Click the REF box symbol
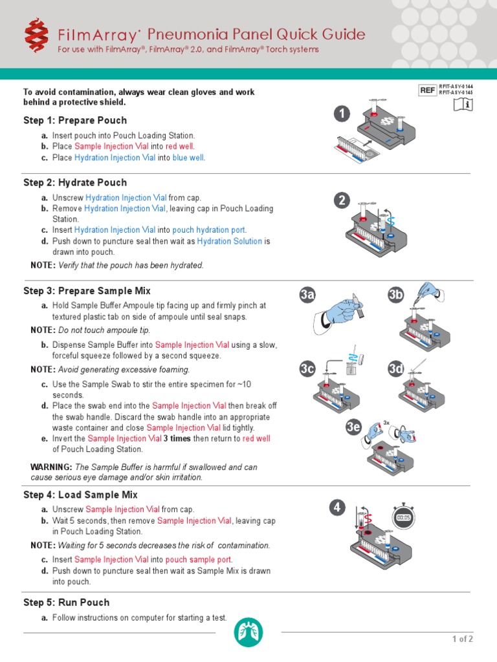click(428, 91)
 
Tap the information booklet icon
click(464, 104)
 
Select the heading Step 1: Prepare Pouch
click(75, 120)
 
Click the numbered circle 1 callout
click(342, 114)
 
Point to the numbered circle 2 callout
click(342, 201)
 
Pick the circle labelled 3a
click(307, 296)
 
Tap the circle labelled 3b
click(395, 296)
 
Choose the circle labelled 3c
click(307, 369)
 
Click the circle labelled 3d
click(395, 369)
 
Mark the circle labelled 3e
click(353, 427)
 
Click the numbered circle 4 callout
click(337, 507)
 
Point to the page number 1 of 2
click(462, 639)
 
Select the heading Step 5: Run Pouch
click(67, 602)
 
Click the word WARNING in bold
click(51, 467)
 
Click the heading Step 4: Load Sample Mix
click(80, 495)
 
